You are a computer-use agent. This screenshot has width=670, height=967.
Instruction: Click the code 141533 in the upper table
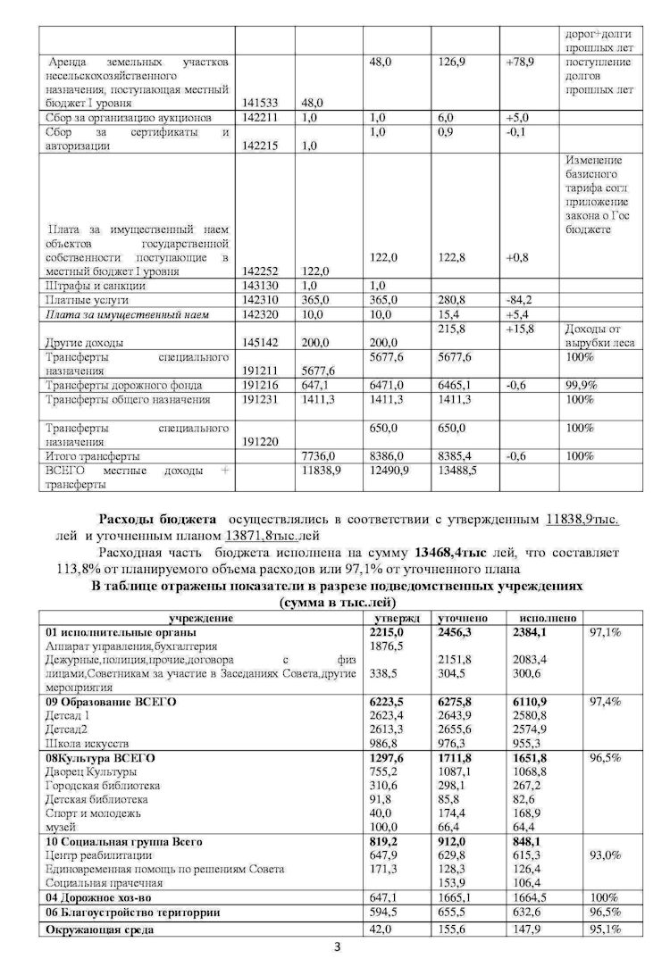[260, 103]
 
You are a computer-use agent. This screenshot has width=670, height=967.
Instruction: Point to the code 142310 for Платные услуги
[260, 301]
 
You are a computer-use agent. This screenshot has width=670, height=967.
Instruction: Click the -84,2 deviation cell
[518, 301]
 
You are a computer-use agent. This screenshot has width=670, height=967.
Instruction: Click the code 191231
[261, 399]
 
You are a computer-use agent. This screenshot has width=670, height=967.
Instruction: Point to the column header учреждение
[201, 618]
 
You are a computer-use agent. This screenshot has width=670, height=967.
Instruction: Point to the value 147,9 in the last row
[527, 929]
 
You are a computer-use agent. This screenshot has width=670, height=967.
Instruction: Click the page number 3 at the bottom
[336, 949]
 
